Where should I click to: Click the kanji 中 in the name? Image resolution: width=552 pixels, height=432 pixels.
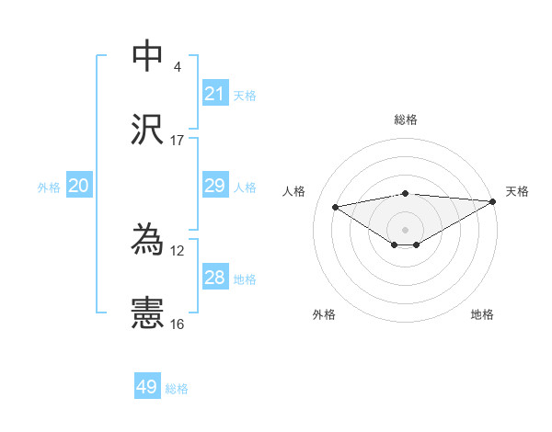pyautogui.click(x=148, y=56)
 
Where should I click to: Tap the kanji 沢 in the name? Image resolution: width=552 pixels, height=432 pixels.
pyautogui.click(x=148, y=130)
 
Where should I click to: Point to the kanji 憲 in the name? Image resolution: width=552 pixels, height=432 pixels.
pyautogui.click(x=148, y=313)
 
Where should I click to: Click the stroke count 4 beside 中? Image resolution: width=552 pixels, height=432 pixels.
pyautogui.click(x=178, y=66)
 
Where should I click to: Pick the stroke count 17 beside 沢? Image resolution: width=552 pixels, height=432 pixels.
pyautogui.click(x=178, y=140)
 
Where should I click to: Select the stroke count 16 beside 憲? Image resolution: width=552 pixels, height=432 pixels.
pyautogui.click(x=178, y=324)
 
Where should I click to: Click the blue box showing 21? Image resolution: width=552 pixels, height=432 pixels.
pyautogui.click(x=215, y=94)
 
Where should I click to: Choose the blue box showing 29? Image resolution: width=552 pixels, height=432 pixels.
pyautogui.click(x=215, y=186)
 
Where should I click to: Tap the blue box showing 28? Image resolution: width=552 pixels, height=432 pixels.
pyautogui.click(x=215, y=278)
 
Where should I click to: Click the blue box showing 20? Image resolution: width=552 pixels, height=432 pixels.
pyautogui.click(x=79, y=186)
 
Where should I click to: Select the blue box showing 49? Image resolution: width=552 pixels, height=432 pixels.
pyautogui.click(x=147, y=387)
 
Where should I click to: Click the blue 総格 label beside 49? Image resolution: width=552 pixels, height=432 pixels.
pyautogui.click(x=177, y=389)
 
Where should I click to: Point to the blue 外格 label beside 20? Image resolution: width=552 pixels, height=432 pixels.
pyautogui.click(x=49, y=187)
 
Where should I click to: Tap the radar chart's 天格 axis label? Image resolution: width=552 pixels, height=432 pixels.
pyautogui.click(x=517, y=191)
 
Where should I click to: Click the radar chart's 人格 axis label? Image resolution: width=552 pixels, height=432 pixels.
pyautogui.click(x=294, y=191)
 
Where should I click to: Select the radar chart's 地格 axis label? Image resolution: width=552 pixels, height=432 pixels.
pyautogui.click(x=482, y=314)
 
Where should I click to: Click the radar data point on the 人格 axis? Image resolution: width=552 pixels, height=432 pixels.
pyautogui.click(x=335, y=206)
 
